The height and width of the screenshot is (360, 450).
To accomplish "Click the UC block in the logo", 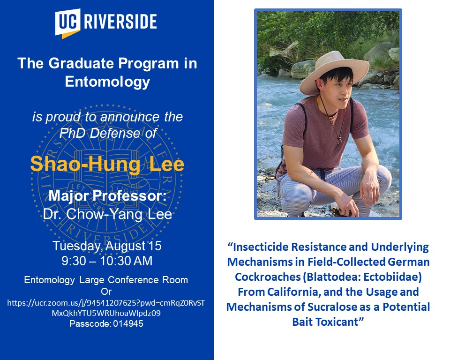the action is click(67, 22).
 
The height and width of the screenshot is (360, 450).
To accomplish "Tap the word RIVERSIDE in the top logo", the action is click(120, 21).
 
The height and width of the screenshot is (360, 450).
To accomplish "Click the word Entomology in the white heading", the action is click(107, 82).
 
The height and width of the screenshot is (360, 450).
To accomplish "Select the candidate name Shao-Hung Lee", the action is click(107, 164).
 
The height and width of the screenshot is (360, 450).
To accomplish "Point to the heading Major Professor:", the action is click(107, 196).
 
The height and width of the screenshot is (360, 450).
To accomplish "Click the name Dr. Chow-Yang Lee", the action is click(107, 214).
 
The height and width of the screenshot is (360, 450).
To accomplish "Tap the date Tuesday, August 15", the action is click(107, 246).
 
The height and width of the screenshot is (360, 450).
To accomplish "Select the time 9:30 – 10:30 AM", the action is click(107, 261).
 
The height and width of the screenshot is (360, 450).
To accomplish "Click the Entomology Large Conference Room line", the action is click(106, 280).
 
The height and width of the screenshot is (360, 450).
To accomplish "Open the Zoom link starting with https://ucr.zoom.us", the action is click(106, 308).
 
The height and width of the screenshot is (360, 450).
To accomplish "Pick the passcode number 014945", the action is click(128, 324).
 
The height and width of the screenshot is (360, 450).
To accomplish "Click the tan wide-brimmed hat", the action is click(334, 71).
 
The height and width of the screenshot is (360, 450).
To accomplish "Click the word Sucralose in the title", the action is click(331, 307).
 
